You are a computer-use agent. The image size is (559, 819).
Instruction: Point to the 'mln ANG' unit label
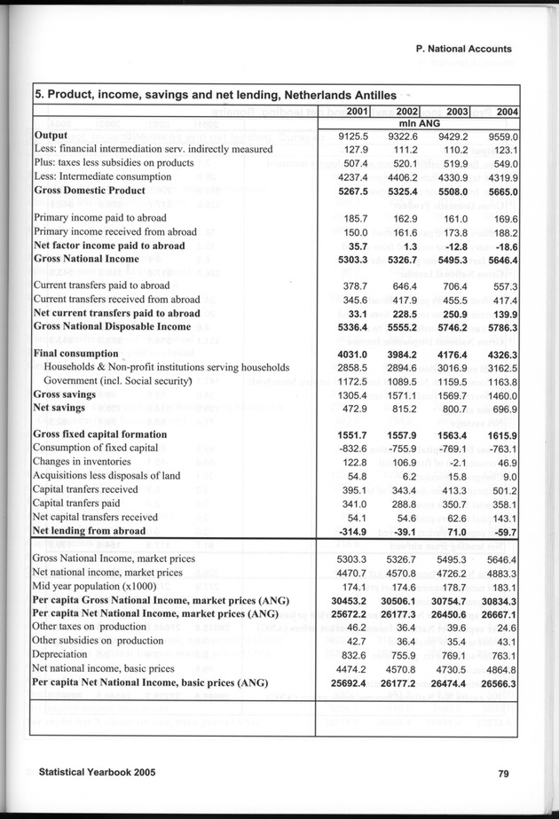tap(419, 123)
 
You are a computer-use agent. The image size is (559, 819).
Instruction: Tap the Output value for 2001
tap(355, 136)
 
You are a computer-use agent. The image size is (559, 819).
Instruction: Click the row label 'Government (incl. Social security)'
tap(118, 380)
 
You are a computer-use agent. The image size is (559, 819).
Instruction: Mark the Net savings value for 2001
tap(358, 408)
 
